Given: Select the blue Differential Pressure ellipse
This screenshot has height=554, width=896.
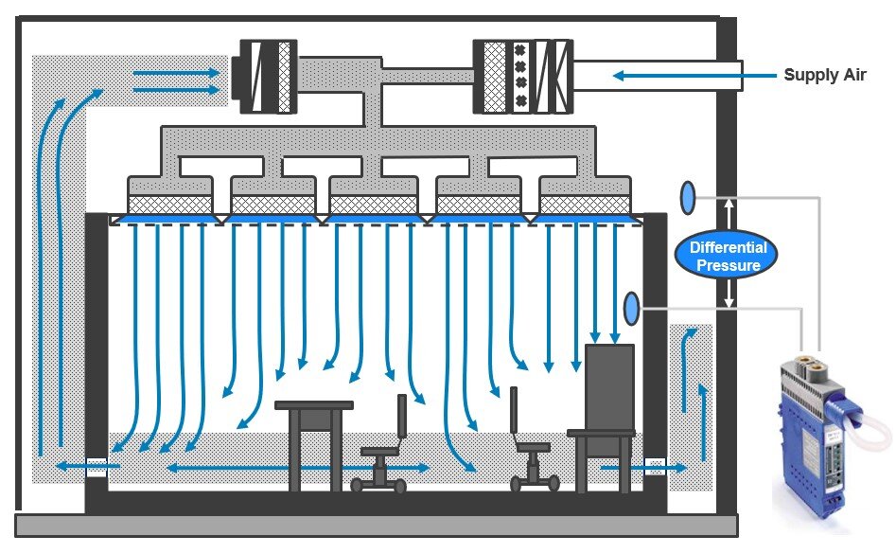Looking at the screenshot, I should click(x=726, y=255).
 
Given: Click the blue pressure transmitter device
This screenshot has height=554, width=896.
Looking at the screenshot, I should click(x=818, y=432).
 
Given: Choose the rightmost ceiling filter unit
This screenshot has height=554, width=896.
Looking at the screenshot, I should click(x=585, y=205).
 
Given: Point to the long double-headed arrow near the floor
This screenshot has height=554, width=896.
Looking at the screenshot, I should click(x=297, y=468).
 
